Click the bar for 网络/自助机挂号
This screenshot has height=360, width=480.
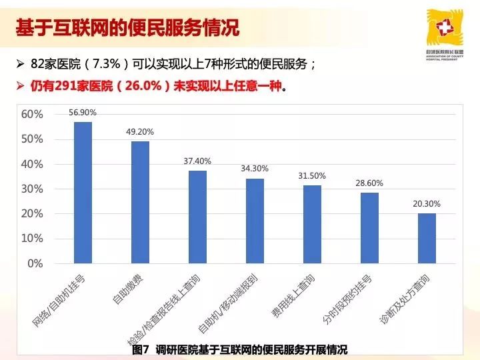[83, 193]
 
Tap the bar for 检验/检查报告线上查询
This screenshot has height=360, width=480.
[197, 217]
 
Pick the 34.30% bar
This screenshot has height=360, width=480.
[255, 221]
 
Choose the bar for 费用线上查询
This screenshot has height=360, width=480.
[312, 224]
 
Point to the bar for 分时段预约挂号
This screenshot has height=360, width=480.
[369, 228]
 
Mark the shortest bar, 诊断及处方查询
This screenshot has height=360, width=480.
[427, 238]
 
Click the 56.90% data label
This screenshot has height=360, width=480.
[83, 113]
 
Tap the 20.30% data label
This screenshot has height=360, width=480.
[427, 204]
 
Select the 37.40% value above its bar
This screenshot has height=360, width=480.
[197, 161]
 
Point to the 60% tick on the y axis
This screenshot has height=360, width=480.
[32, 115]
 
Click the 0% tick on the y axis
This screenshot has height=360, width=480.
[35, 263]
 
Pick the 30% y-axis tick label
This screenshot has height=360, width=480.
[32, 189]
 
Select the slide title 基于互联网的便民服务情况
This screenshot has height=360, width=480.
[127, 28]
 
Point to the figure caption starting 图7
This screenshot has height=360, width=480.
[240, 349]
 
